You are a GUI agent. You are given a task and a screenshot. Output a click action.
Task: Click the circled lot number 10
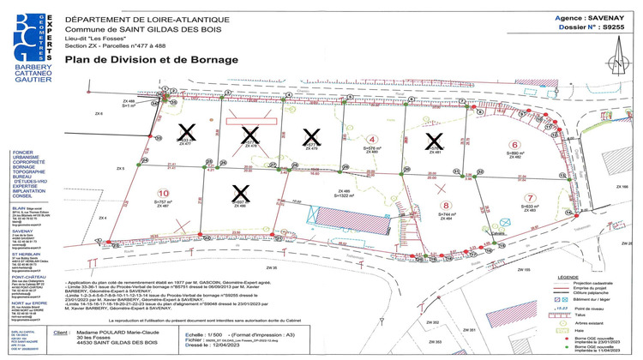(x=163, y=193)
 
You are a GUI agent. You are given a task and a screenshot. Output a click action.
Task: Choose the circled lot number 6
(x=514, y=145)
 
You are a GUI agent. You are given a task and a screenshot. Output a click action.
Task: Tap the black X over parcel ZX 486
(x=241, y=193)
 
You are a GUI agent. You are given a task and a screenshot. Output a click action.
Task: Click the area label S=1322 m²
(x=345, y=196)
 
